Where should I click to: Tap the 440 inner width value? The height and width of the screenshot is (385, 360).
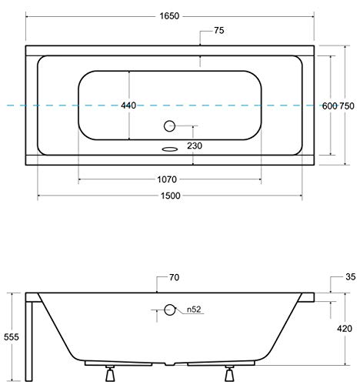[x=129, y=105]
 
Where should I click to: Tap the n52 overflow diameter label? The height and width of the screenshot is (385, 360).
[x=192, y=310]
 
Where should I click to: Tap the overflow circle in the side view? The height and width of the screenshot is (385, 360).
[x=170, y=310]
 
